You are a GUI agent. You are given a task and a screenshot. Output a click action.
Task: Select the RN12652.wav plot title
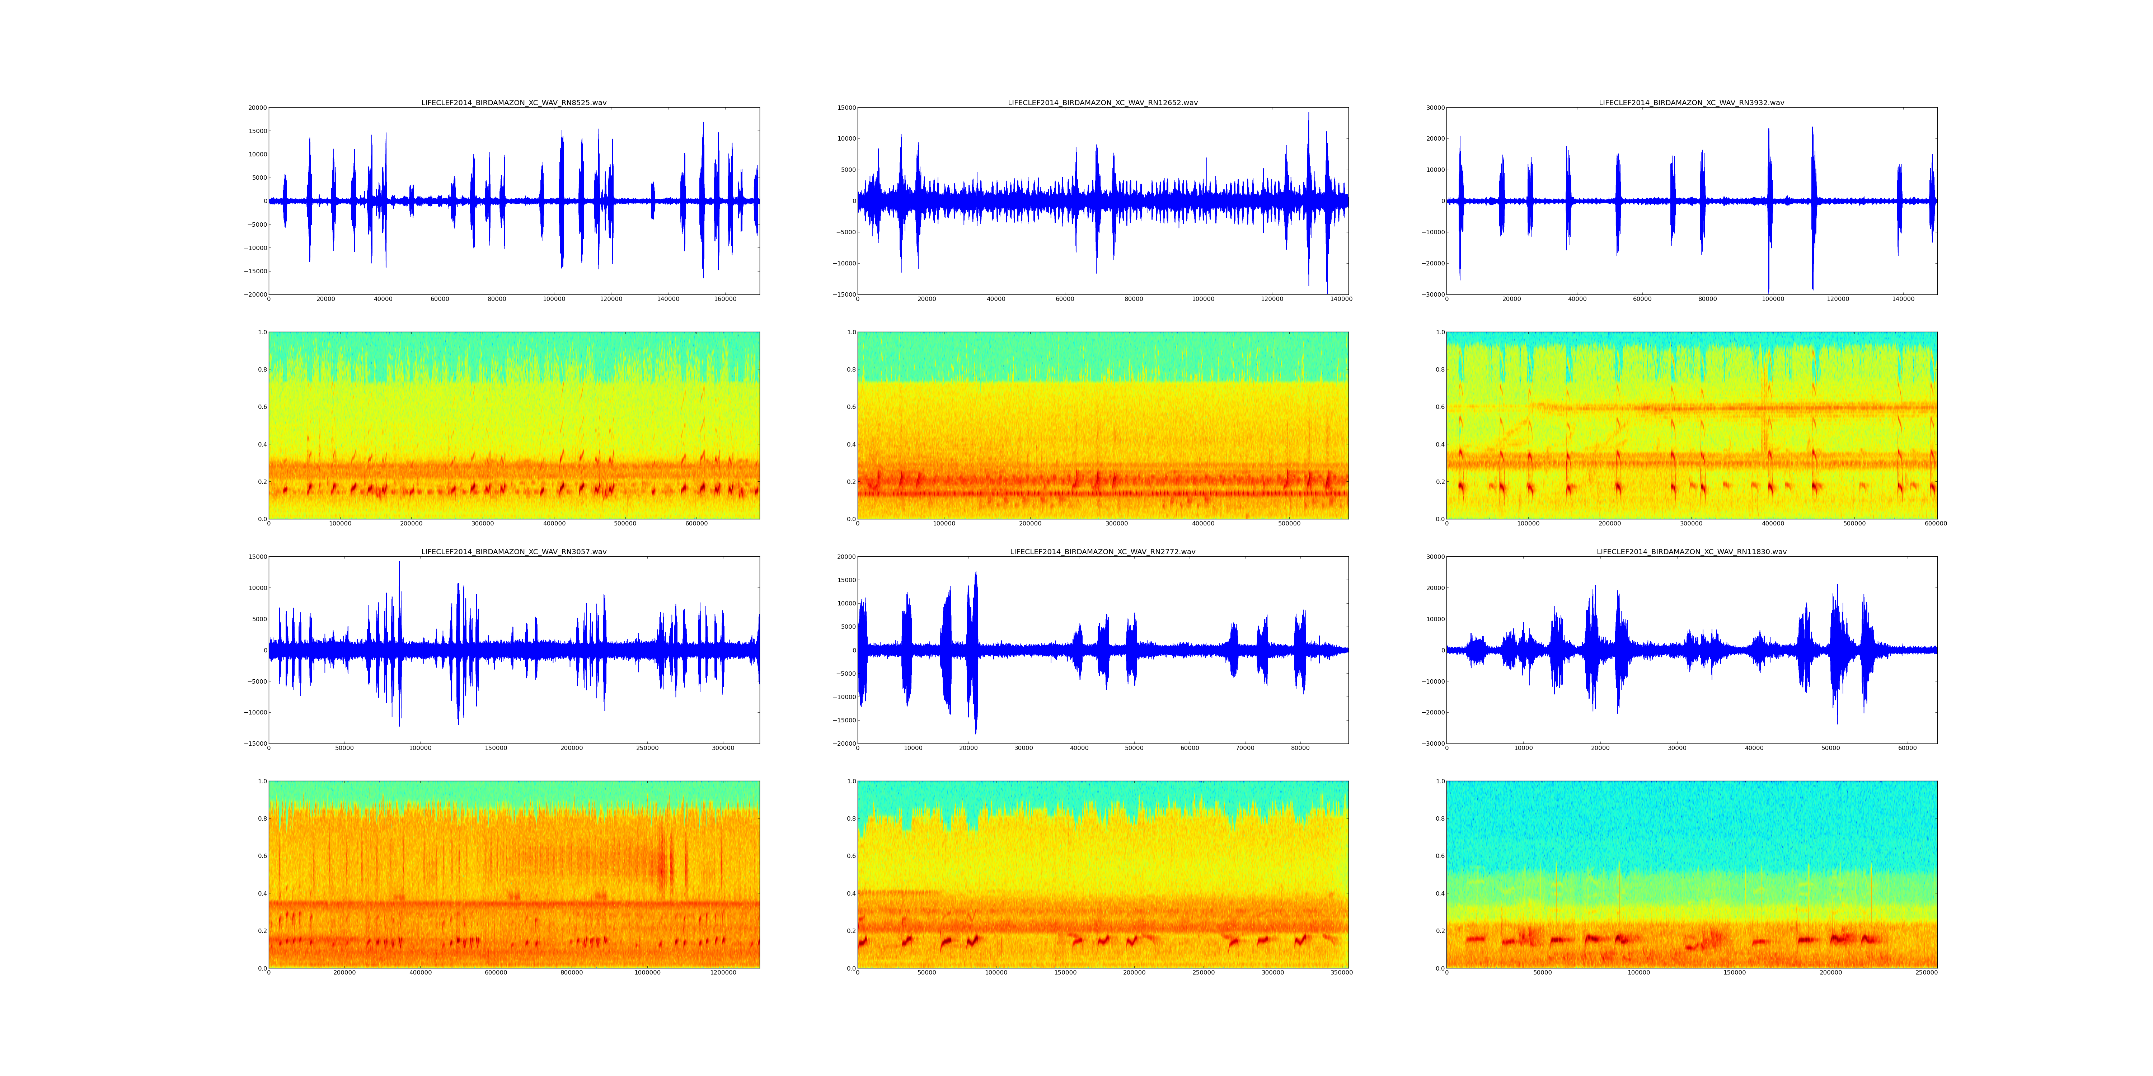coord(1102,103)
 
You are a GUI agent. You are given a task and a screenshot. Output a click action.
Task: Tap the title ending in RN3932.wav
coord(1692,103)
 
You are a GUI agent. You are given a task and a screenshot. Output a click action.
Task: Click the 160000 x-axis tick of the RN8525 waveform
coord(726,299)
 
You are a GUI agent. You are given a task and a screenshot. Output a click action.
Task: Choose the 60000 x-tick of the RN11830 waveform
coord(1907,749)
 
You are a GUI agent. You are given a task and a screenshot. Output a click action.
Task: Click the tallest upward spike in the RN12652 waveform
coord(1309,114)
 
